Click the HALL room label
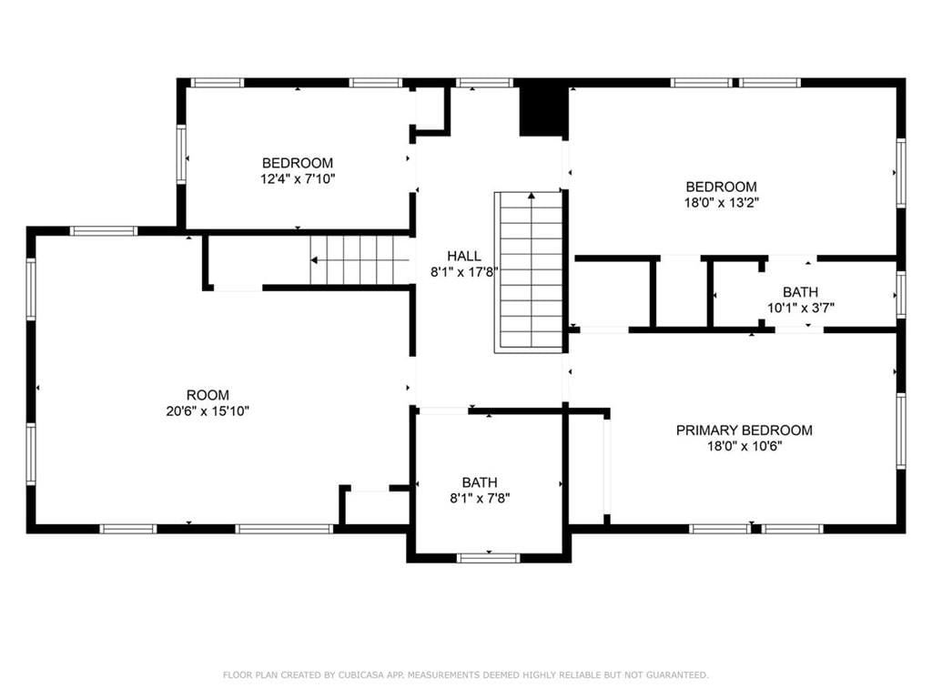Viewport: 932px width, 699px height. point(464,256)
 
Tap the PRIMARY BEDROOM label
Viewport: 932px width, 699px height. point(745,431)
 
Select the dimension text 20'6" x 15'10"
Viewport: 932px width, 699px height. point(208,410)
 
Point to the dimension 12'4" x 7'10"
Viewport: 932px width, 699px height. point(298,178)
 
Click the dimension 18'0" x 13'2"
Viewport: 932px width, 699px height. point(722,202)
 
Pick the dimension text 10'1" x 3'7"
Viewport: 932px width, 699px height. point(801,308)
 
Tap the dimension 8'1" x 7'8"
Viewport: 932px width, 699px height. point(480,498)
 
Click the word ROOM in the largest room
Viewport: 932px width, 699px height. point(208,395)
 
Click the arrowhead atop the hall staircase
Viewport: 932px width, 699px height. point(532,195)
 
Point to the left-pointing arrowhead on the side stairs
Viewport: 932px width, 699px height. point(314,260)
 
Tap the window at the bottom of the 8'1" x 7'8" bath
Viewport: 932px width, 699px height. point(488,558)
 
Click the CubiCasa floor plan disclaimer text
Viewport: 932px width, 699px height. point(465,674)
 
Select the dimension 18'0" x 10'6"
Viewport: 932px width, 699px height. point(745,446)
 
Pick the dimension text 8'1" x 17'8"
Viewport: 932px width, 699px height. point(464,271)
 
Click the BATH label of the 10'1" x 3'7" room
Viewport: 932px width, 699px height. point(801,292)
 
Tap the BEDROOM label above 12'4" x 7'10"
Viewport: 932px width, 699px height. point(298,163)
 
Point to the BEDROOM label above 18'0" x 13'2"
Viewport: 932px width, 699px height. point(722,187)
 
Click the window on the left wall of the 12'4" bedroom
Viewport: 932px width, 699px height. point(181,154)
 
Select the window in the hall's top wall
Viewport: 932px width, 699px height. point(485,83)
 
